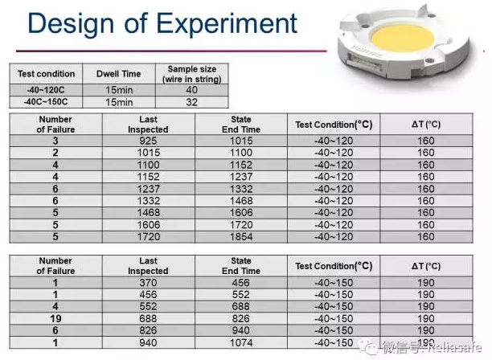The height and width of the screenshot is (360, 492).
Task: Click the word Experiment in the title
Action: tap(226, 22)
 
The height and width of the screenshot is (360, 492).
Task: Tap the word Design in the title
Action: tap(71, 24)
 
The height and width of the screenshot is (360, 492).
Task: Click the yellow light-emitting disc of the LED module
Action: tap(403, 39)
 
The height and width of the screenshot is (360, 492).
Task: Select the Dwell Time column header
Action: tap(119, 74)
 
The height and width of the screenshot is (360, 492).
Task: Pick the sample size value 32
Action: tap(191, 102)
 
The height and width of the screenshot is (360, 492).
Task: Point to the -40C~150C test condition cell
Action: tap(46, 102)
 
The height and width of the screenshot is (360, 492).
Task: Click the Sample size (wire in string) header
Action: tap(191, 74)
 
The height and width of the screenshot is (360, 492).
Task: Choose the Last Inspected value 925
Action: tap(148, 141)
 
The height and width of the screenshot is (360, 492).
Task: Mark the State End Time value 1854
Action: tap(241, 237)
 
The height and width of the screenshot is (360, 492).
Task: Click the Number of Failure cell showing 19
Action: tap(55, 318)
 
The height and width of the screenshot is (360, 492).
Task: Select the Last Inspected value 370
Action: tap(148, 283)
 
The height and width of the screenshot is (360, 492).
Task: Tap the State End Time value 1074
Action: tap(241, 343)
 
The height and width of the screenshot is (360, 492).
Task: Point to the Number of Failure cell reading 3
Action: tap(55, 141)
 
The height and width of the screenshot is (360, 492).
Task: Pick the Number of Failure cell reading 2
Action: tap(55, 153)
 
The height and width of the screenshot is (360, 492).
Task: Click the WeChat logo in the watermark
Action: tap(368, 346)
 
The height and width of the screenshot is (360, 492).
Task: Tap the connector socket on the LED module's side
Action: tap(364, 63)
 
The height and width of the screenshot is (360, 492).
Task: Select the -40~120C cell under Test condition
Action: tap(46, 90)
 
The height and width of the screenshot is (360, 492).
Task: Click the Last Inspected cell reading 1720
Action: tap(148, 237)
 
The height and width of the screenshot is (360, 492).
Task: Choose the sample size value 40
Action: tap(191, 90)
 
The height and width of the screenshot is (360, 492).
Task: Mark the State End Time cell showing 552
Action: tap(241, 294)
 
